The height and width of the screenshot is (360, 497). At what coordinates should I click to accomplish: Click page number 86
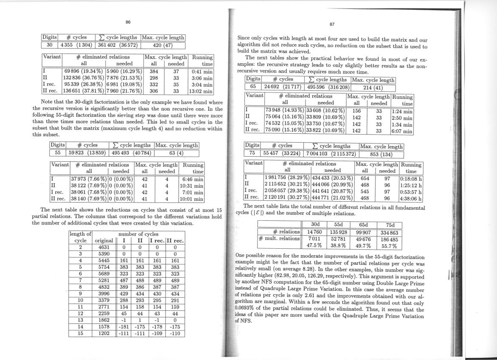pyautogui.click(x=128, y=22)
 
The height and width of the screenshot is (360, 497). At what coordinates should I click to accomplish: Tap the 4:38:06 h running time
pyautogui.click(x=410, y=198)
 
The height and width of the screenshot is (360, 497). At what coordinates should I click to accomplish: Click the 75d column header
pyautogui.click(x=388, y=225)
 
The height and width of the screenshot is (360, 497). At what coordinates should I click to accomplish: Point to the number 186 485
pyautogui.click(x=388, y=239)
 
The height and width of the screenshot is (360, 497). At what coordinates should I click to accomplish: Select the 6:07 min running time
pyautogui.click(x=401, y=132)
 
